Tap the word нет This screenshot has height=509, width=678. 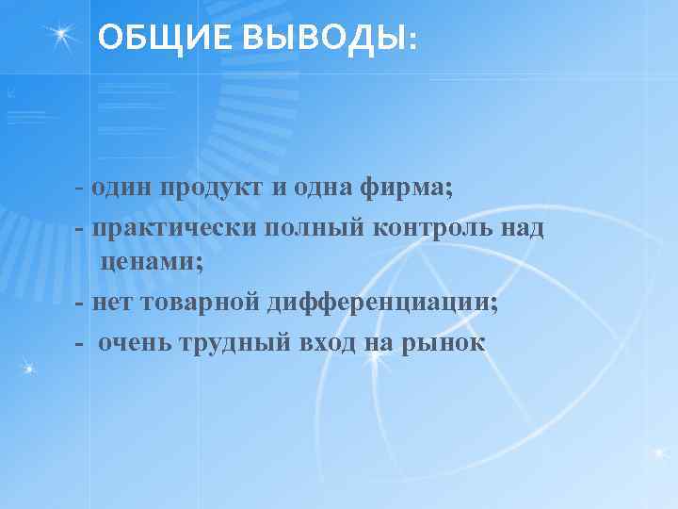[109, 303]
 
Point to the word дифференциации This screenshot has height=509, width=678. [382, 303]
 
